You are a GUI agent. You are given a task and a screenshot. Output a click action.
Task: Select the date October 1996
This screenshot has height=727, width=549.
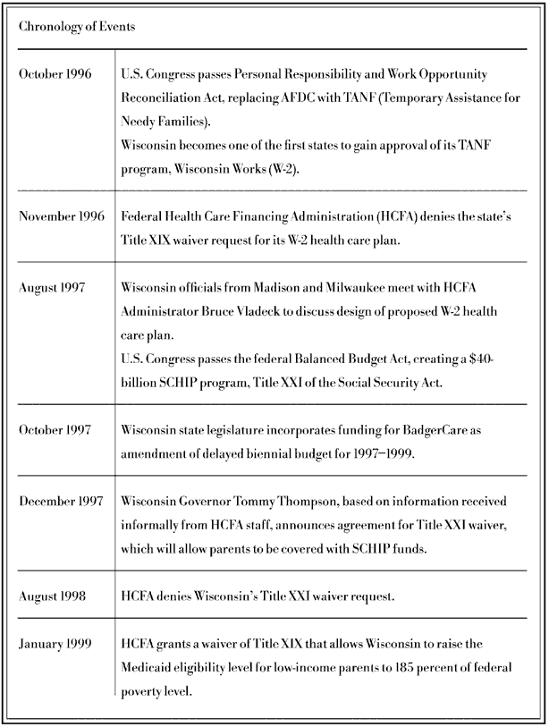coord(55,72)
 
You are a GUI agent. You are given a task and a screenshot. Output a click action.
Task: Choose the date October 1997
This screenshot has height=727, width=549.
coord(55,429)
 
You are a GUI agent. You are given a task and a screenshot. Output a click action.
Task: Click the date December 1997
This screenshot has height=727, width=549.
coord(61,500)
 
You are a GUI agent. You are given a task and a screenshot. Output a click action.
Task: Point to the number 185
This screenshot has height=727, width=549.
coord(410,668)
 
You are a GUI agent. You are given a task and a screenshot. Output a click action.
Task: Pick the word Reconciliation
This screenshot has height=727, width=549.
coord(163,96)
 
